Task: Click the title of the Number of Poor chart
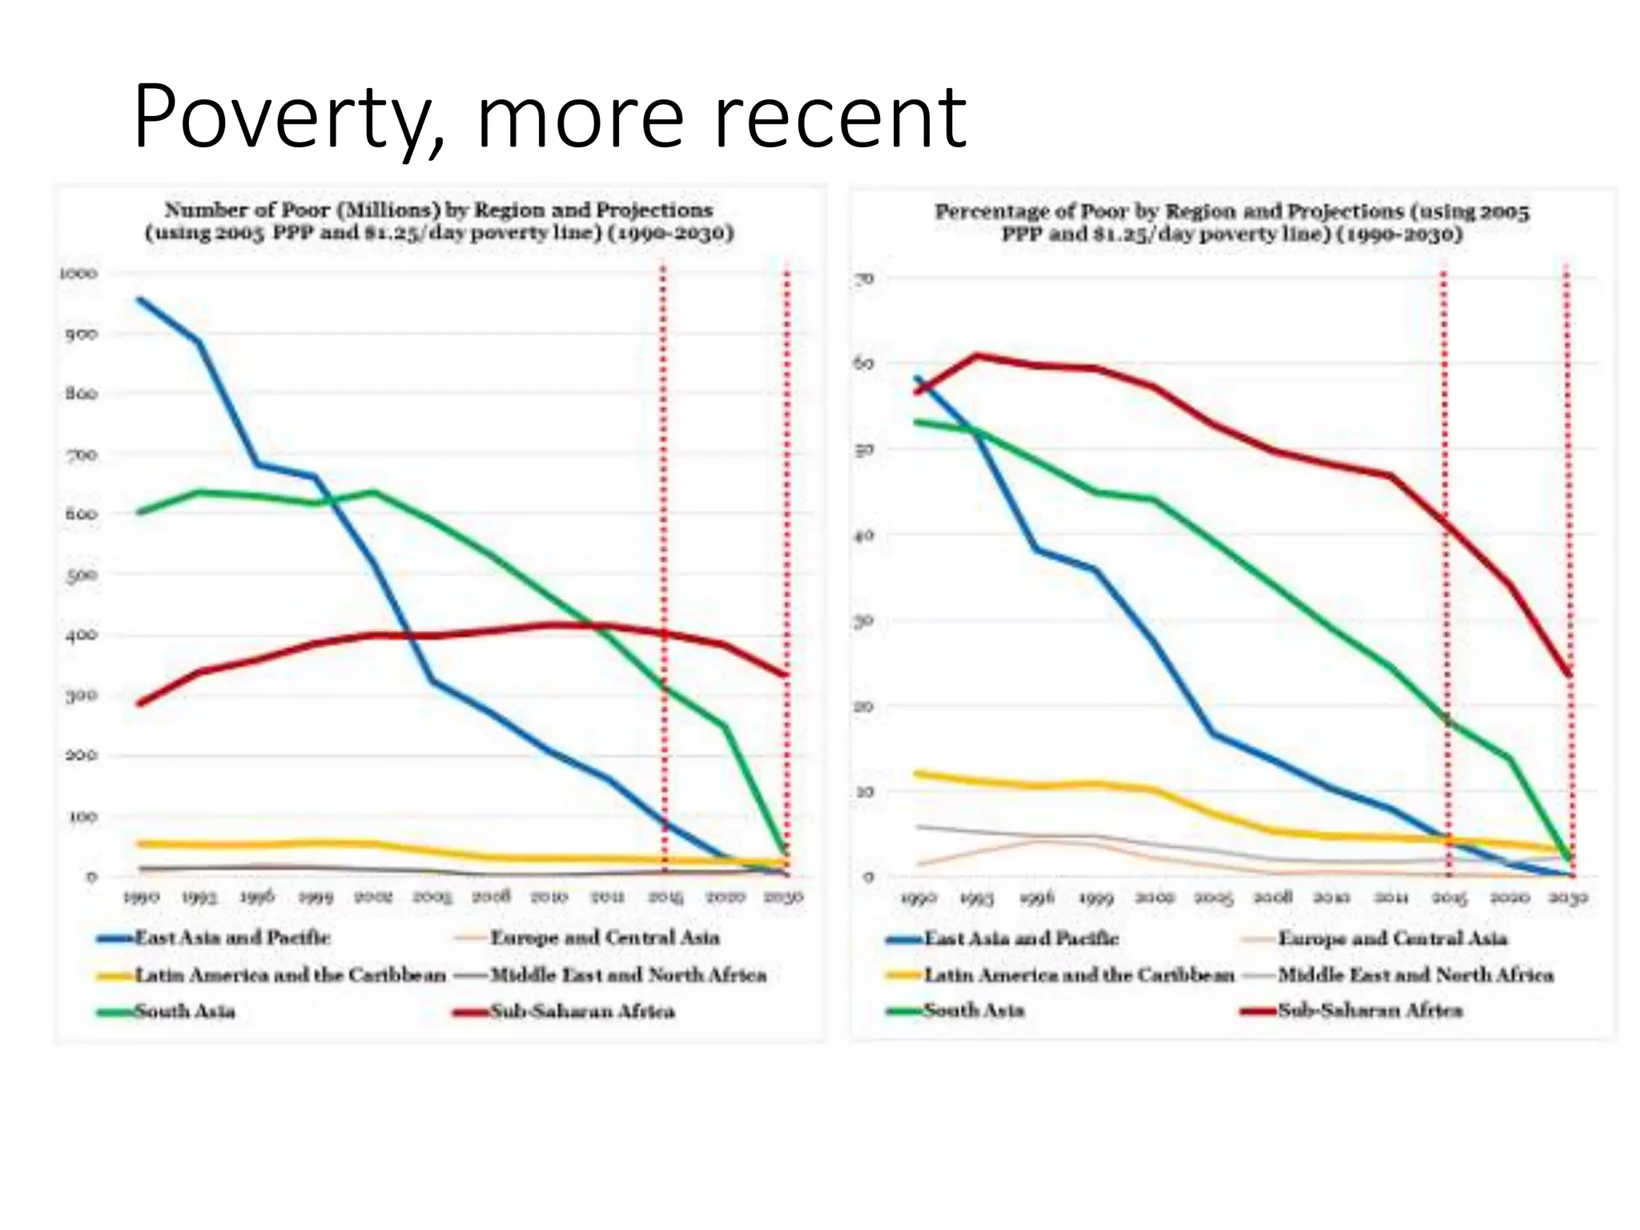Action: tap(439, 221)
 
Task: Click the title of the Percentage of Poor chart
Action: tap(1232, 223)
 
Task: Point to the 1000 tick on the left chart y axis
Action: tap(78, 274)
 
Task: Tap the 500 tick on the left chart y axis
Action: tap(81, 575)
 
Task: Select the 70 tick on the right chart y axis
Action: tap(864, 279)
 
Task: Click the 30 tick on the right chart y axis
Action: tap(864, 621)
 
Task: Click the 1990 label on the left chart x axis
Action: tap(141, 898)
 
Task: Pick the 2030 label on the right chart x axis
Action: tap(1568, 898)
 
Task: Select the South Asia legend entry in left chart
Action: tap(184, 1011)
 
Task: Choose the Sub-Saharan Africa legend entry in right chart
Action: tap(1369, 1011)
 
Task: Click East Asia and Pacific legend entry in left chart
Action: tap(232, 938)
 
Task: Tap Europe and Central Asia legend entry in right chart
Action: tap(1392, 938)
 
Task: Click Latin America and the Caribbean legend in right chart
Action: tap(1078, 975)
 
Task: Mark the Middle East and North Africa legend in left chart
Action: tap(628, 975)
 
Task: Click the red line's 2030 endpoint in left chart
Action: tap(786, 674)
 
